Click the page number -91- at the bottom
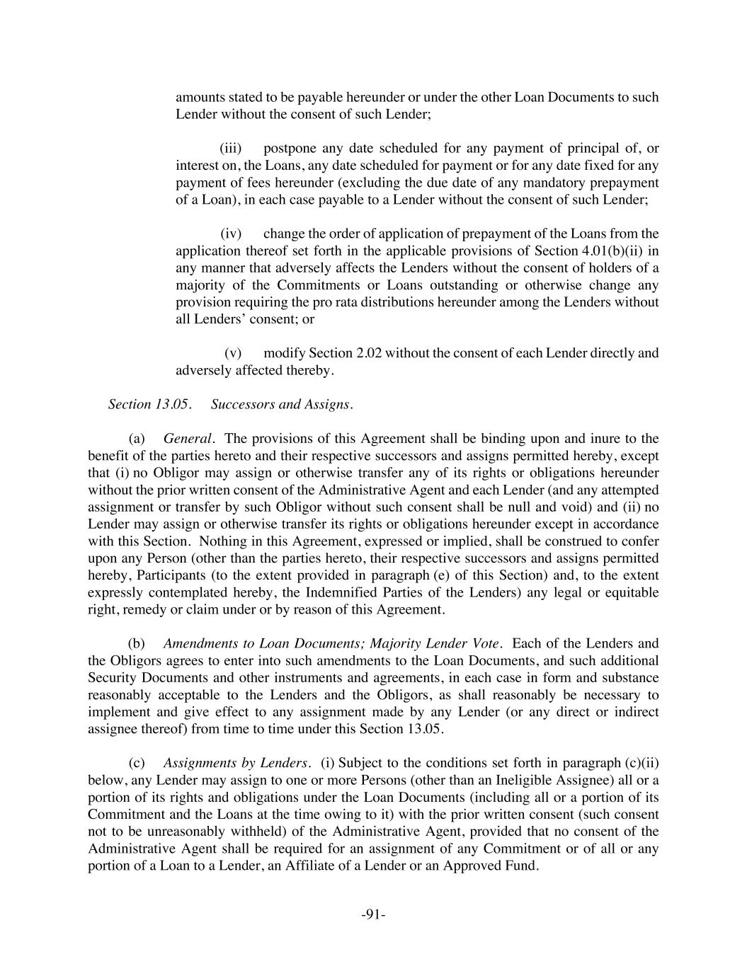pyautogui.click(x=373, y=914)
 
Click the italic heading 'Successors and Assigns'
pyautogui.click(x=281, y=404)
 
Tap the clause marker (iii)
pyautogui.click(x=231, y=148)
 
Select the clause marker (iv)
pyautogui.click(x=231, y=234)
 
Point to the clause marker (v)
pyautogui.click(x=233, y=352)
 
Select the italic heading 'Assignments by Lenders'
pyautogui.click(x=236, y=763)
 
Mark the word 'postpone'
pyautogui.click(x=290, y=148)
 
